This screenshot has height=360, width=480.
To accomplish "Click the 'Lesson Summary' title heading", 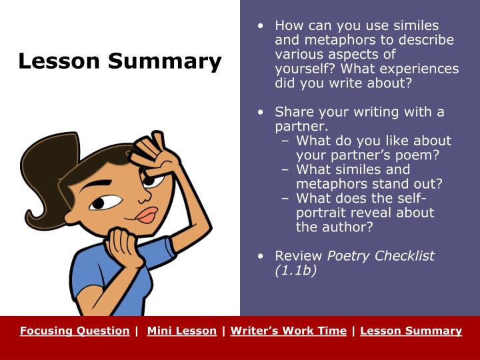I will click(120, 61).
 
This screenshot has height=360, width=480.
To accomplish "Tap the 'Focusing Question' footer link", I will click(75, 331).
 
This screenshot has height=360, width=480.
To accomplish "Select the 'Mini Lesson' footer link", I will click(181, 331).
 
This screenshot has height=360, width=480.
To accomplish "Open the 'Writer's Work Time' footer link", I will click(288, 331).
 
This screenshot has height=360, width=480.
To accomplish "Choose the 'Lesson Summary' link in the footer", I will click(411, 331).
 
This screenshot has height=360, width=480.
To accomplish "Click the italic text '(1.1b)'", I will click(295, 271).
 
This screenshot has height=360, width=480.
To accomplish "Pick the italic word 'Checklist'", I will click(405, 256).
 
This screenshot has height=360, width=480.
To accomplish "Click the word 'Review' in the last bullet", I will click(299, 256).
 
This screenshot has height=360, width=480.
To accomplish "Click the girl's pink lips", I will click(146, 215).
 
